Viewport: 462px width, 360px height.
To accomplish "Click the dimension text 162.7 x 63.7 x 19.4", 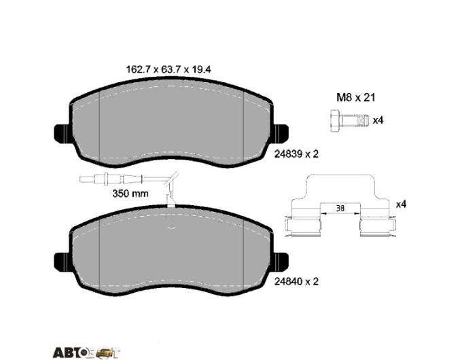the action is [168, 69].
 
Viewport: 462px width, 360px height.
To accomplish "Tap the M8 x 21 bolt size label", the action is [356, 98].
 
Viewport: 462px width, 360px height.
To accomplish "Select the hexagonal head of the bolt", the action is [335, 121].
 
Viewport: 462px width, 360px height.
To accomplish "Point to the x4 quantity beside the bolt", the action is [378, 120].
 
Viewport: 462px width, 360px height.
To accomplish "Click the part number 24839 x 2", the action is [296, 154].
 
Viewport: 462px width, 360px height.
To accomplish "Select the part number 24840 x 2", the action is [296, 281].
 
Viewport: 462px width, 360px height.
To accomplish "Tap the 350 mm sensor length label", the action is [130, 194].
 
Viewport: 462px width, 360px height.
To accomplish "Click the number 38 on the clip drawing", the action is [340, 209].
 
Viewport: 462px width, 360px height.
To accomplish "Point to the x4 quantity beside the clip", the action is [401, 204].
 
